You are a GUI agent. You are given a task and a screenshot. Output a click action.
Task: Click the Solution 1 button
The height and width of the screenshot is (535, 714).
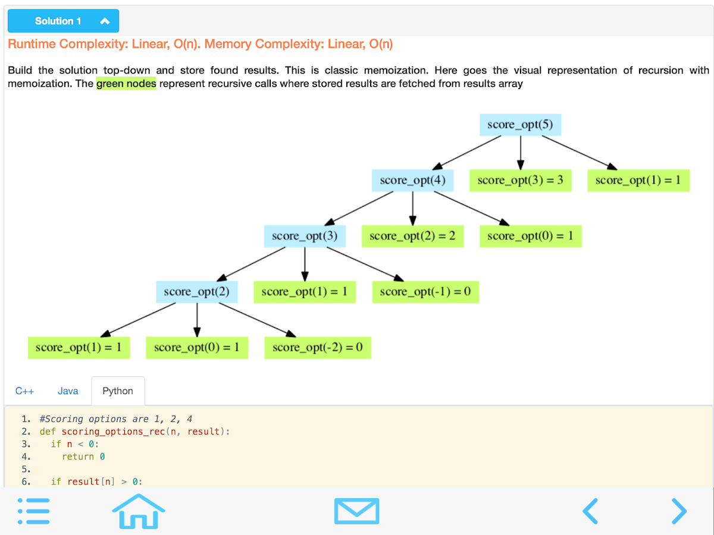coord(63,21)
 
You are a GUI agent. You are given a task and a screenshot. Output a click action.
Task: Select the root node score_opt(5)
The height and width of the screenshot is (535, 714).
coord(520,125)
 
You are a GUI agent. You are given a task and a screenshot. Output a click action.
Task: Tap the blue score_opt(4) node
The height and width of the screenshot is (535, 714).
coord(412,180)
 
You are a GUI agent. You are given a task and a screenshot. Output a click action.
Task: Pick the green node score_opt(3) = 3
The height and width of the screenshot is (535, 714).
coord(520,180)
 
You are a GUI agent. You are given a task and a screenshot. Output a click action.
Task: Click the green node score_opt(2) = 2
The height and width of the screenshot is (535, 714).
coord(412,236)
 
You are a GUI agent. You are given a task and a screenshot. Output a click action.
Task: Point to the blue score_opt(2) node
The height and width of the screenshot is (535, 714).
coord(197,292)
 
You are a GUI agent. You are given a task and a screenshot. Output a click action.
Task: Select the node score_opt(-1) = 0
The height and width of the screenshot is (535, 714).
coord(425,292)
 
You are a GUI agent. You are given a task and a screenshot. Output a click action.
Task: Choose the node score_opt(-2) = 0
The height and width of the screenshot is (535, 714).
coord(318,347)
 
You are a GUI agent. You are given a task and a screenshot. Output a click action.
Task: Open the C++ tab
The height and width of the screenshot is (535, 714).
coord(24,391)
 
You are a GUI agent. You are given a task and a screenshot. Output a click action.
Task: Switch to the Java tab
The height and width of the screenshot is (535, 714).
coord(68,391)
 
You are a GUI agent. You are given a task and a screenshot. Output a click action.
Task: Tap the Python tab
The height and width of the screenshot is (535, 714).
coord(118,391)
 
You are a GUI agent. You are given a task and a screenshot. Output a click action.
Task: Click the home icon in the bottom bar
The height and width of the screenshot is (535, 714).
coord(139,511)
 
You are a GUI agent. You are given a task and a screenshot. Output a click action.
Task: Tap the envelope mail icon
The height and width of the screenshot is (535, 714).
coord(356,511)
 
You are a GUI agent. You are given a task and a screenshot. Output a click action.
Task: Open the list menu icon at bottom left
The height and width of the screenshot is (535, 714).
coord(33,511)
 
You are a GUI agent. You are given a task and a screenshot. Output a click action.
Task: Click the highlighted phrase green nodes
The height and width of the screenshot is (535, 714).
coord(126,84)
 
